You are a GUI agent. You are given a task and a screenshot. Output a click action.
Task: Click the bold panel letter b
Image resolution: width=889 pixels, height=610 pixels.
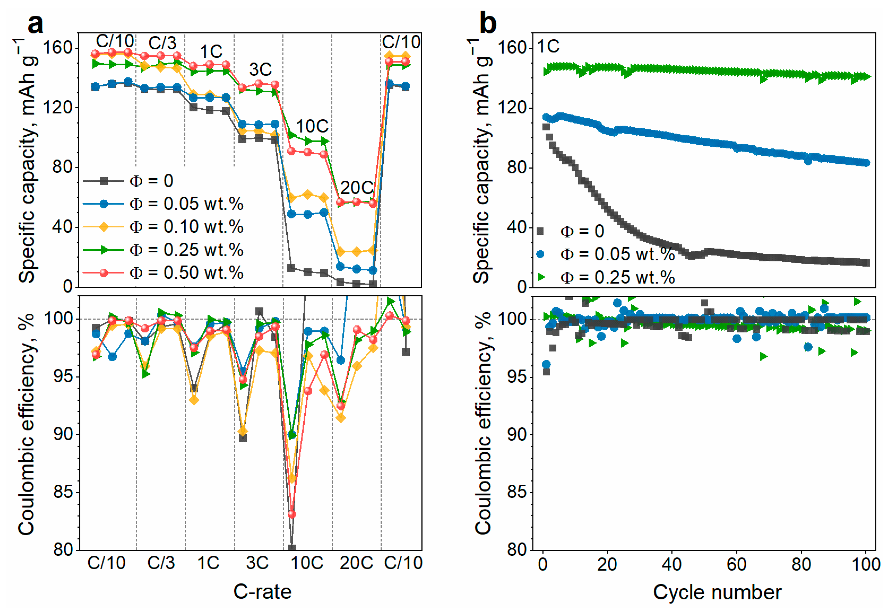[x=488, y=24]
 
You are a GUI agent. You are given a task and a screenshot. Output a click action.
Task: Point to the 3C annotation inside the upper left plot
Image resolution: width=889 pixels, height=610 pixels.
[x=260, y=70]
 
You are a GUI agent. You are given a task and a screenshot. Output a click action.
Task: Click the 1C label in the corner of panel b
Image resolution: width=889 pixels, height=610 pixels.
[x=548, y=47]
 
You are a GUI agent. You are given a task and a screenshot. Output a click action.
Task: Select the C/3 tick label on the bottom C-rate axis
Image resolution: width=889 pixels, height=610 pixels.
[x=161, y=563]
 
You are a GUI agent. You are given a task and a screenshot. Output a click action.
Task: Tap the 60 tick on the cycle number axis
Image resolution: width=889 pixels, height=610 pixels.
[x=736, y=564]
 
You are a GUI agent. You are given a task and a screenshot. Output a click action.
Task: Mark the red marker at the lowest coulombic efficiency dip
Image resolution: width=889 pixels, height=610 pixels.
[x=292, y=514]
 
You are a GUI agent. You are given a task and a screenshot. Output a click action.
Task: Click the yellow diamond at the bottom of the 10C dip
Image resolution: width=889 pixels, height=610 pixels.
[x=292, y=478]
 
